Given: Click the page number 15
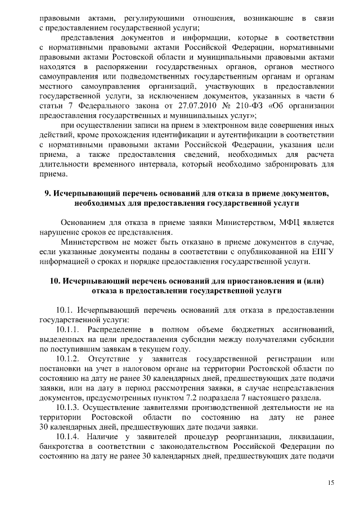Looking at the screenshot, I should click(x=332, y=483).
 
